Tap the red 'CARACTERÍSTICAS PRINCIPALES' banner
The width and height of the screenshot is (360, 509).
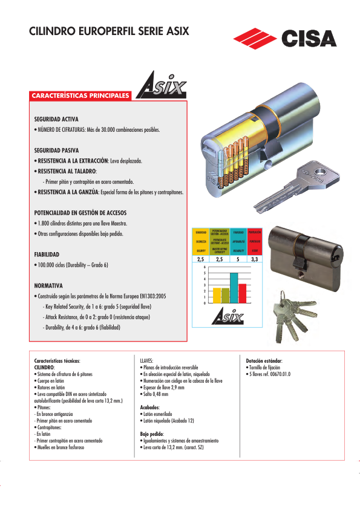80,96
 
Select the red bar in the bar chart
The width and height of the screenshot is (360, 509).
242,293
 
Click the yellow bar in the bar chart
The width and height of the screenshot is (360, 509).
217,295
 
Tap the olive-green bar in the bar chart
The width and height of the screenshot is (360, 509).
225,295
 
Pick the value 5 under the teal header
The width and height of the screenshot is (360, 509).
238,259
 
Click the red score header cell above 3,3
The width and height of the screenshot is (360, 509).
255,241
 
